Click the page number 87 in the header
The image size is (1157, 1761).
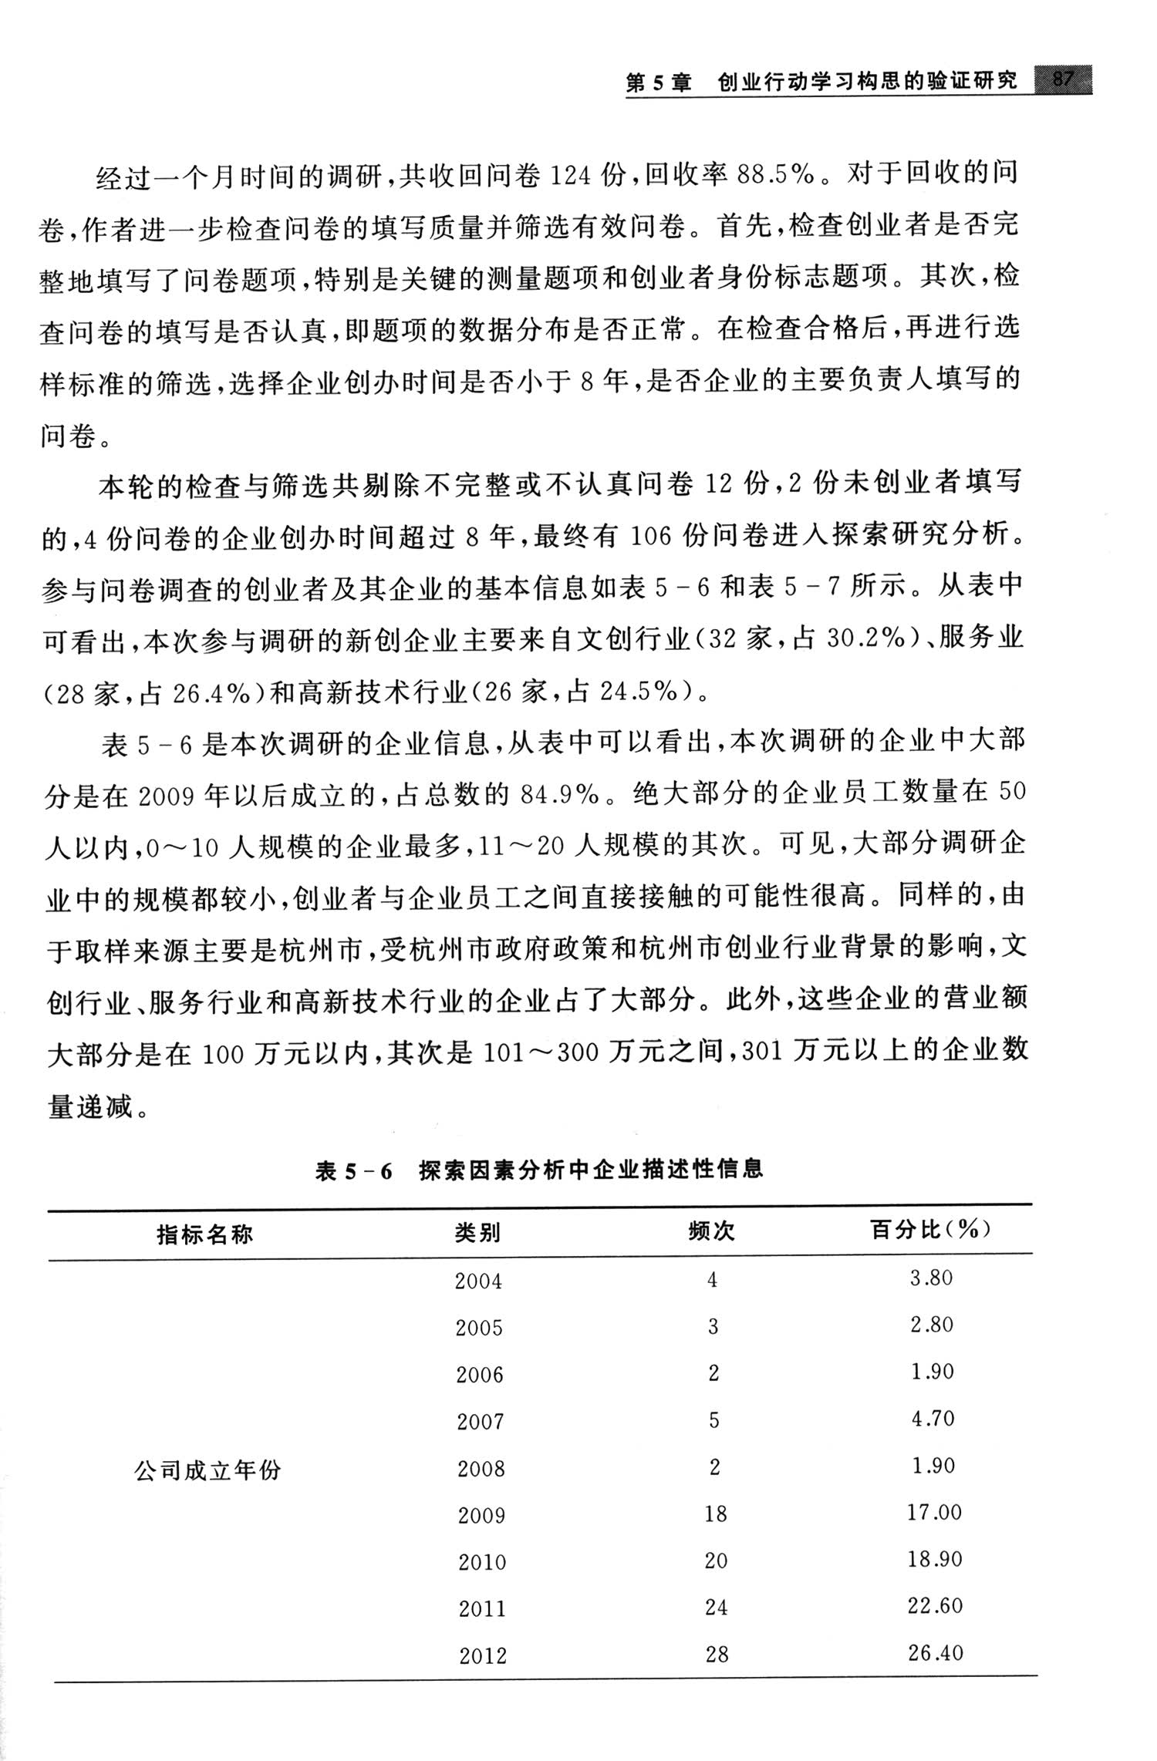[1062, 79]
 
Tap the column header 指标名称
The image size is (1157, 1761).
[204, 1234]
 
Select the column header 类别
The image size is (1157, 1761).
[478, 1233]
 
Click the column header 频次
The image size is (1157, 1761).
[711, 1231]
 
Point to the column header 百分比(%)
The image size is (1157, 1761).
[930, 1229]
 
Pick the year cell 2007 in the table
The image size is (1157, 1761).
[480, 1420]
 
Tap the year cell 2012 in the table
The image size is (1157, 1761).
[483, 1655]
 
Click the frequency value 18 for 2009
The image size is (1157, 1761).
[715, 1513]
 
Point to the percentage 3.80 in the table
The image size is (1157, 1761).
[931, 1278]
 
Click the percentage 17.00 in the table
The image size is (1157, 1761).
[934, 1511]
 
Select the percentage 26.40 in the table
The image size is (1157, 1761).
[936, 1652]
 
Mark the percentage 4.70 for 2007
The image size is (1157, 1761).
[933, 1418]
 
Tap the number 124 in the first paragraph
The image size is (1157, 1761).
[572, 177]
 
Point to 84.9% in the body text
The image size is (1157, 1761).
[559, 794]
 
